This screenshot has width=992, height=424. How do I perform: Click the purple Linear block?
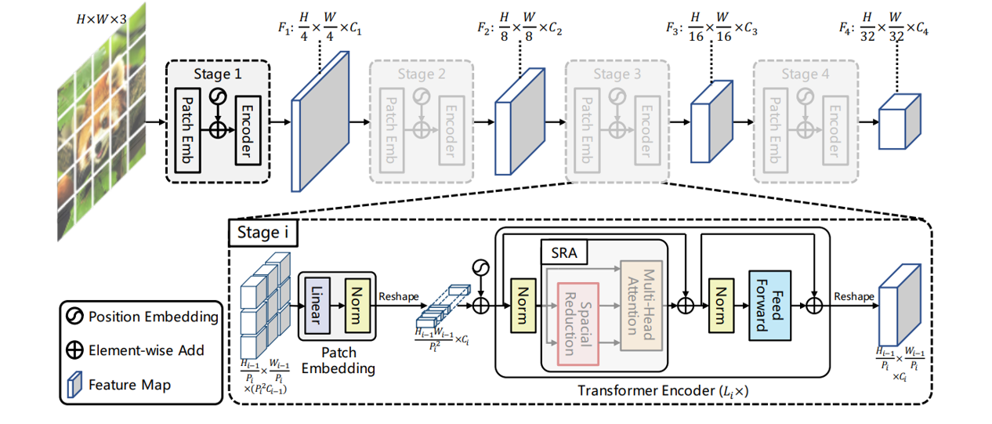(x=315, y=303)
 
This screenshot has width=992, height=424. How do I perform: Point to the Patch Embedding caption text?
(x=338, y=360)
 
